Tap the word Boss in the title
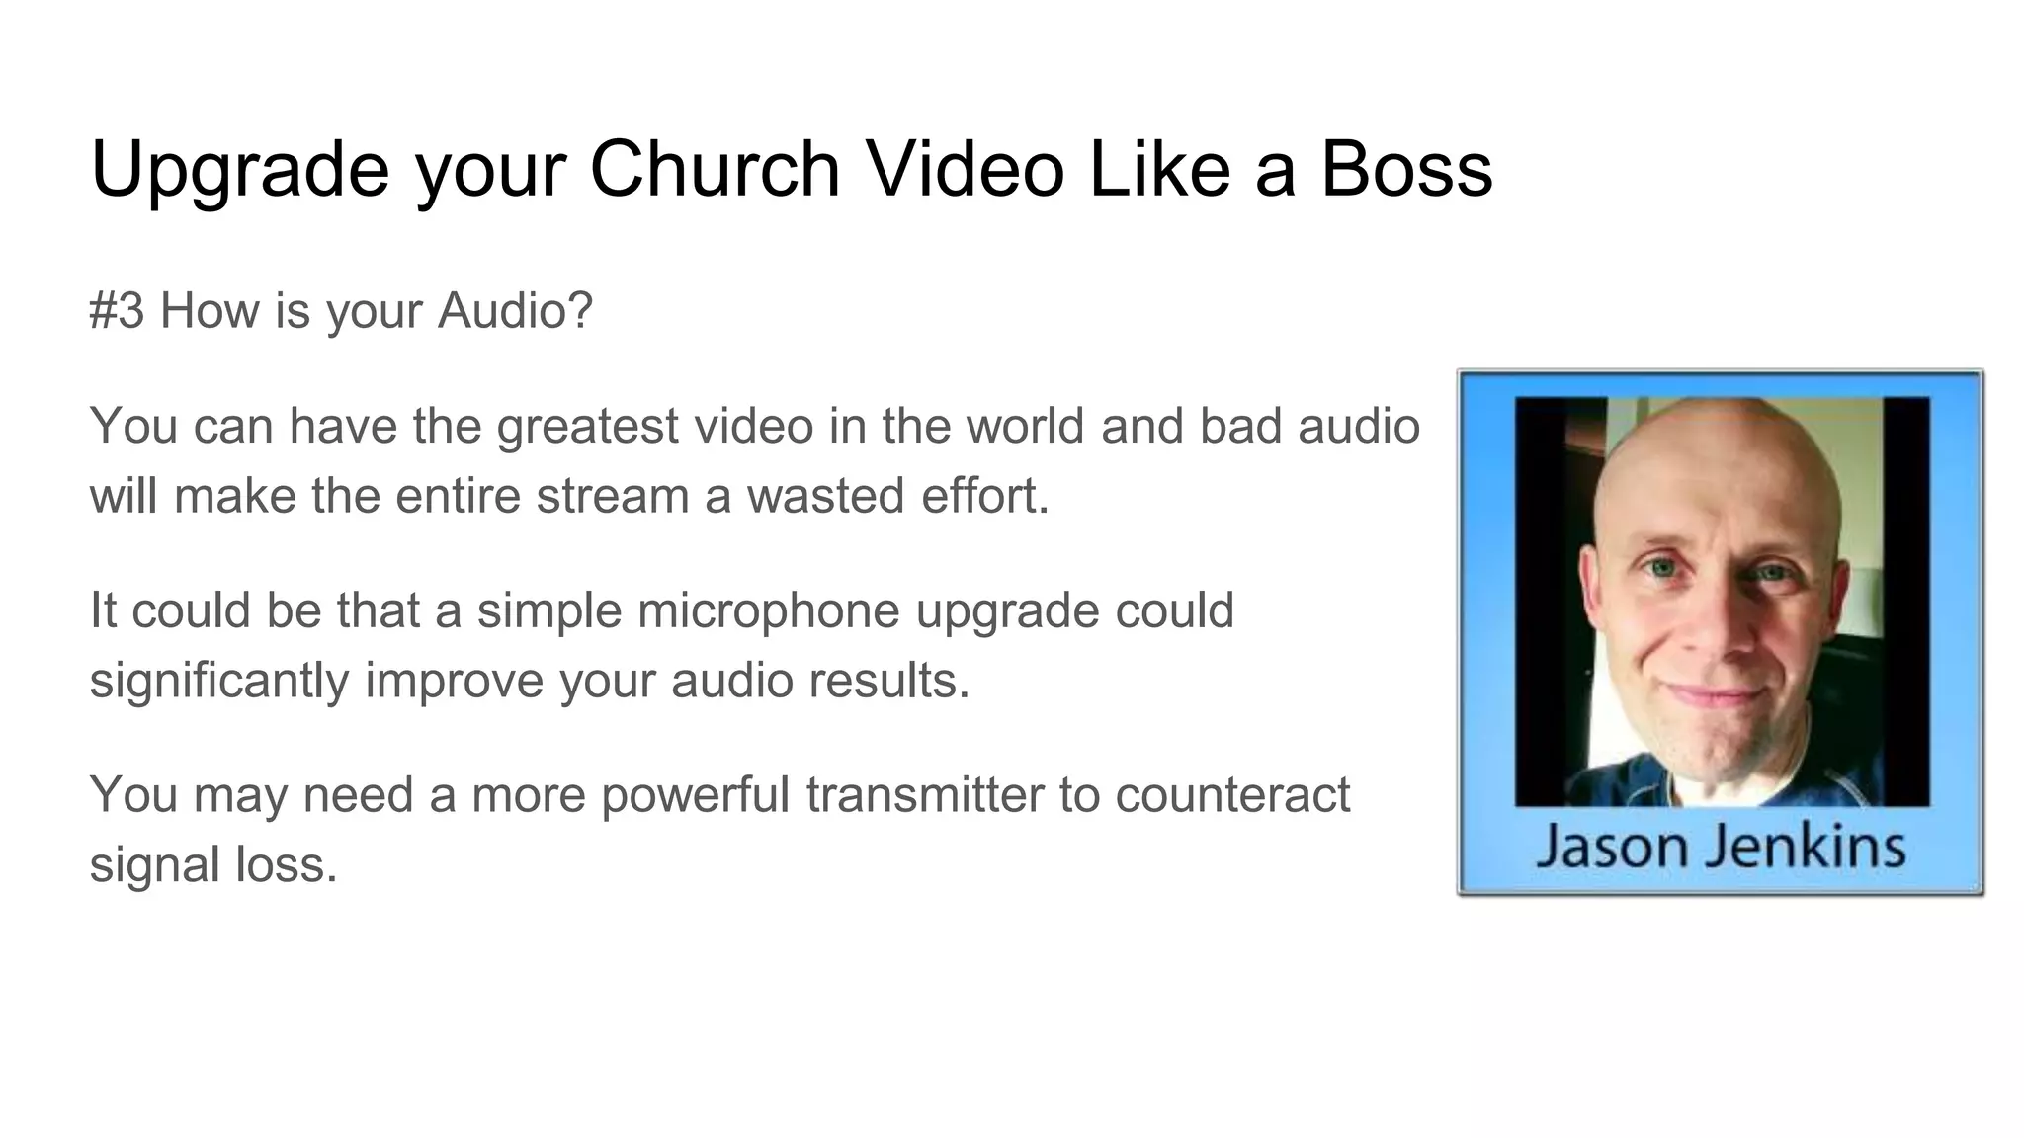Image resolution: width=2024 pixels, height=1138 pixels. [1406, 169]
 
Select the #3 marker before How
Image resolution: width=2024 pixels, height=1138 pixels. [117, 311]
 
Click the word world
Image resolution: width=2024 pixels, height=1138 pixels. [1025, 426]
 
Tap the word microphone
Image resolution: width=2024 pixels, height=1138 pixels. [768, 610]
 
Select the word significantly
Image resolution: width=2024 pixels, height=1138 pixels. [218, 681]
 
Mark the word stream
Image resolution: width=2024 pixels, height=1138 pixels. [612, 496]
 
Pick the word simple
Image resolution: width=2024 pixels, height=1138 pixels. [549, 610]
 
